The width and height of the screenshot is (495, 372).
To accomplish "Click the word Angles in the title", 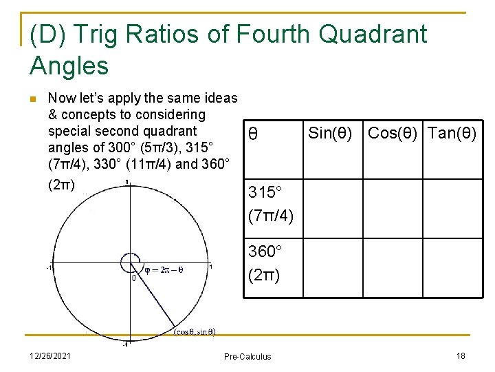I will click(69, 66).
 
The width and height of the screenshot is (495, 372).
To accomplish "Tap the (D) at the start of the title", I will click(47, 34).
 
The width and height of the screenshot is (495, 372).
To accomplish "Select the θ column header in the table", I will click(253, 134).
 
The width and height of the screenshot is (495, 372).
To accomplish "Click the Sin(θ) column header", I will click(330, 133).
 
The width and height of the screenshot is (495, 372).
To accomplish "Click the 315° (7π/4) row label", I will click(271, 204).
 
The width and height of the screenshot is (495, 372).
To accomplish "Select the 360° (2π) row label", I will click(265, 264).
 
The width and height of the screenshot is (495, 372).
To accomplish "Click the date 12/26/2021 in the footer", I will click(52, 355).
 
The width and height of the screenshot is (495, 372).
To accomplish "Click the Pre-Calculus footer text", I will click(247, 356).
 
